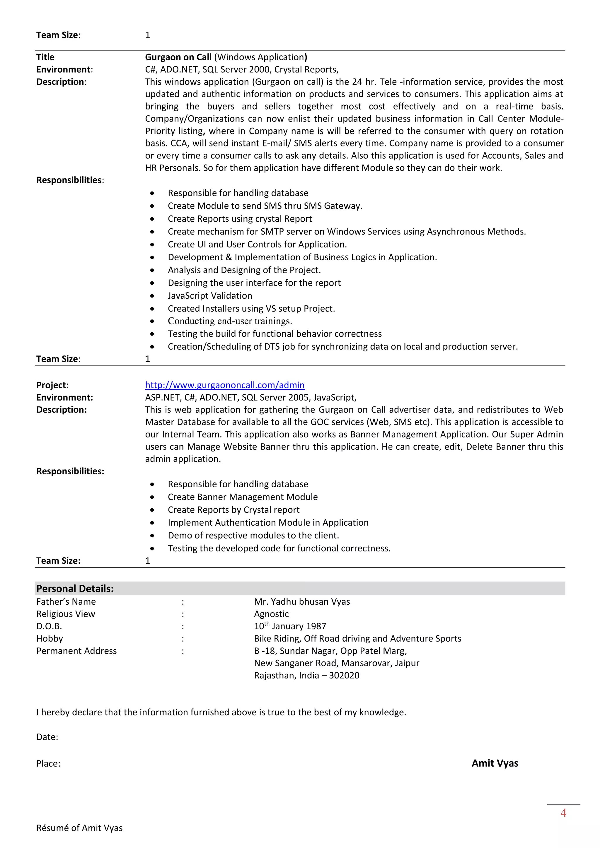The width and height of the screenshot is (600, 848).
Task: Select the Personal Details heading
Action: (x=75, y=588)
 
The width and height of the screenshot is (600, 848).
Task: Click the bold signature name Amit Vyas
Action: (x=495, y=763)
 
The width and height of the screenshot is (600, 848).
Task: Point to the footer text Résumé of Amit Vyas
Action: (x=79, y=828)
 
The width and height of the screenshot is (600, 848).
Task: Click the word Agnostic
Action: (x=271, y=614)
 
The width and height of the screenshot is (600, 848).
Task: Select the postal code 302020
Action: (x=344, y=675)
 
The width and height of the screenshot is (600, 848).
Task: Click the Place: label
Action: (x=48, y=763)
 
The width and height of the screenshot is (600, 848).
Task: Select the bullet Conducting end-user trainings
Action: (x=229, y=321)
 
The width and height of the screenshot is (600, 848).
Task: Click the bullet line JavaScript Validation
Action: (x=209, y=295)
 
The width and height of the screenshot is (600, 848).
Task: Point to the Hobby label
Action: (x=50, y=638)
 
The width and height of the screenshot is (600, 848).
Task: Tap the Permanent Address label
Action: (x=76, y=651)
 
